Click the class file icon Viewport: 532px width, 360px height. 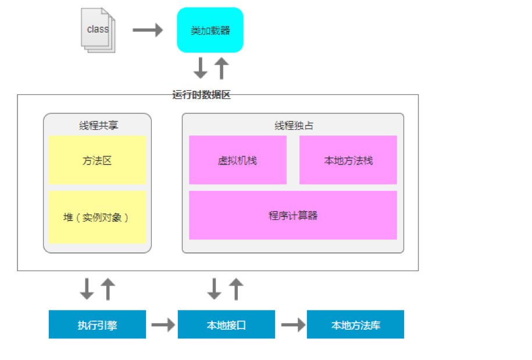pyautogui.click(x=98, y=30)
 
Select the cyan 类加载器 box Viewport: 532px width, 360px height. pyautogui.click(x=210, y=30)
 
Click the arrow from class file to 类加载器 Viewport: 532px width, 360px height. pyautogui.click(x=148, y=30)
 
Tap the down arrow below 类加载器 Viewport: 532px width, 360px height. pyautogui.click(x=200, y=68)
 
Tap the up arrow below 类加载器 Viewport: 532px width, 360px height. pyautogui.click(x=221, y=68)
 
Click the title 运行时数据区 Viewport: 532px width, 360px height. pyautogui.click(x=202, y=95)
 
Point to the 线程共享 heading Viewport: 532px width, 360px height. pyautogui.click(x=97, y=125)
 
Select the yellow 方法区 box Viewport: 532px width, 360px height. pyautogui.click(x=97, y=161)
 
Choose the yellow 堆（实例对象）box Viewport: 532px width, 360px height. pyautogui.click(x=97, y=217)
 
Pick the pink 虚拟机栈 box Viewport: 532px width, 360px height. pyautogui.click(x=237, y=161)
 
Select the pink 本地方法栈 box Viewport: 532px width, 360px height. pyautogui.click(x=348, y=161)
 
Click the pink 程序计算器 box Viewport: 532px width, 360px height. pyautogui.click(x=292, y=215)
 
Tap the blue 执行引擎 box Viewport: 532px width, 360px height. pyautogui.click(x=97, y=325)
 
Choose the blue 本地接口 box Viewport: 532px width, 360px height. pyautogui.click(x=226, y=325)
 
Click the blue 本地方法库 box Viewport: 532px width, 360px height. pyautogui.click(x=355, y=325)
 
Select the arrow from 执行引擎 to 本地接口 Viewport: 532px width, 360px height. pyautogui.click(x=162, y=325)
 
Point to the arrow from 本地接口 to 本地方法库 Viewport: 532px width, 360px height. pyautogui.click(x=292, y=325)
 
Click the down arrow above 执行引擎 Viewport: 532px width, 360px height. pyautogui.click(x=87, y=288)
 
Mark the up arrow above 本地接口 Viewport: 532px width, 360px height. pyautogui.click(x=235, y=288)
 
